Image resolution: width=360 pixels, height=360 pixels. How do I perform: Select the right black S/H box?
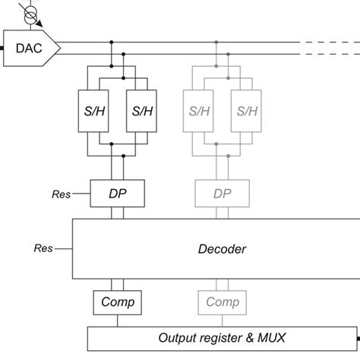tap(142, 111)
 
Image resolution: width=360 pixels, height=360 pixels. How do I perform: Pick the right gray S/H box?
tap(247, 111)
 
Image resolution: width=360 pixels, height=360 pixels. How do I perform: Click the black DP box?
tap(118, 194)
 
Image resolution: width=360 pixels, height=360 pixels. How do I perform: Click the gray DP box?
tap(223, 194)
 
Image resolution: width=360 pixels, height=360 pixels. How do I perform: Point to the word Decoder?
tap(222, 248)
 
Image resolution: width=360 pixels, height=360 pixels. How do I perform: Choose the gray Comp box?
tap(223, 302)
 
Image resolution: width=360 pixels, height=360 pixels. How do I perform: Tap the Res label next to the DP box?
tap(61, 194)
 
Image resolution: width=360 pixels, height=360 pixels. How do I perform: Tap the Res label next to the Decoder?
tap(43, 248)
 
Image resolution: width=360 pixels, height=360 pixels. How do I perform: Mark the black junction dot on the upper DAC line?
tap(112, 42)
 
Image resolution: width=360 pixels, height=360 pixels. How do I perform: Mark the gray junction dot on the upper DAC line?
tap(217, 42)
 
